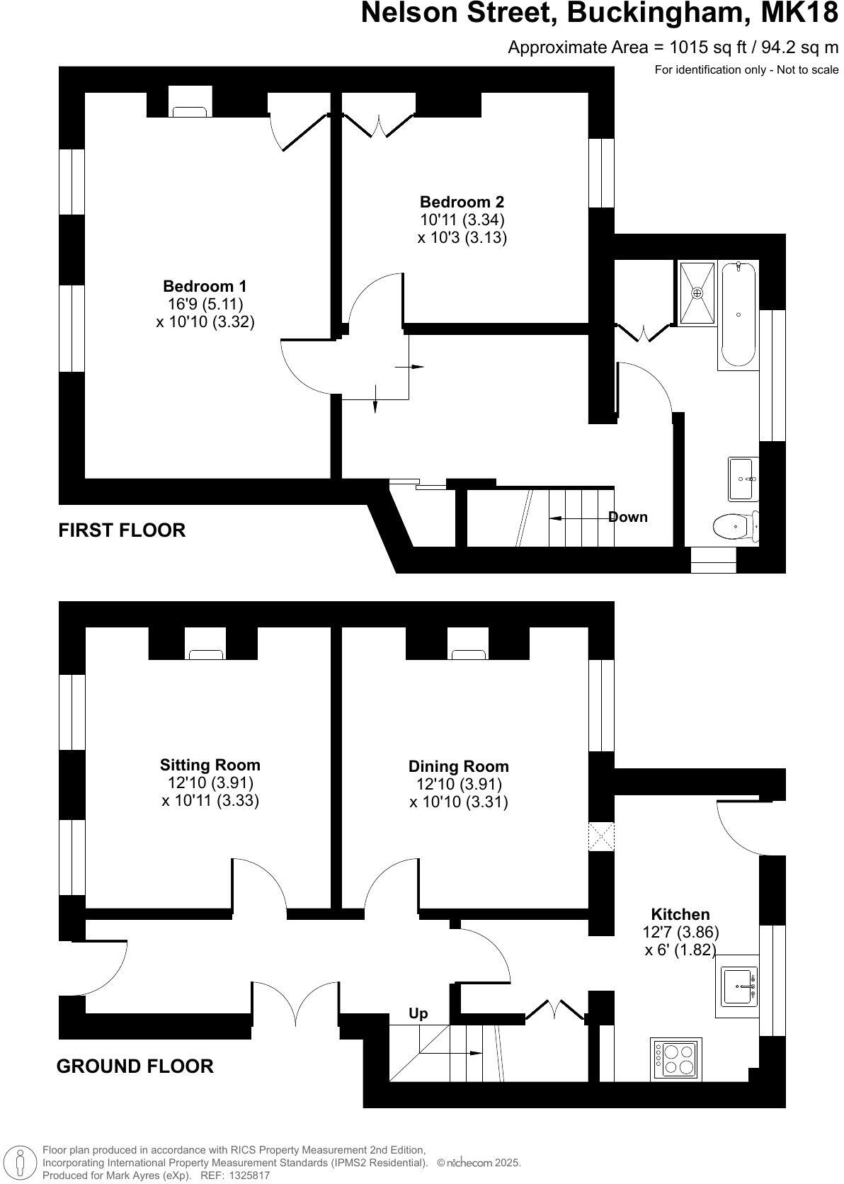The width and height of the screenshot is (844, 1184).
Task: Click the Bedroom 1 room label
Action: (205, 286)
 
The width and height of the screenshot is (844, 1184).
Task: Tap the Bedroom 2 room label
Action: (462, 202)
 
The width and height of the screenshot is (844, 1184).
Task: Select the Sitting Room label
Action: (210, 765)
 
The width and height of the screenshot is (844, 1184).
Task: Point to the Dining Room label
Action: (458, 766)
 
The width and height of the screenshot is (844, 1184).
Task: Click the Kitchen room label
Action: (680, 914)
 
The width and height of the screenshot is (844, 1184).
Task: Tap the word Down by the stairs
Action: (628, 517)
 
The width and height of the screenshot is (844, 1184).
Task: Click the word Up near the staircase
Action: (418, 1013)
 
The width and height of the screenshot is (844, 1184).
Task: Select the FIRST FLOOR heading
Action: (122, 530)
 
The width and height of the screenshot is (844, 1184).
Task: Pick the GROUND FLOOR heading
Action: (135, 1066)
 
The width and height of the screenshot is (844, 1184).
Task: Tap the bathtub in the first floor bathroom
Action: (738, 315)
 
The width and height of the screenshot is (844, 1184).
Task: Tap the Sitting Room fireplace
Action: (205, 652)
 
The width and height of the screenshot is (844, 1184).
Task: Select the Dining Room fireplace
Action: (469, 652)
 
